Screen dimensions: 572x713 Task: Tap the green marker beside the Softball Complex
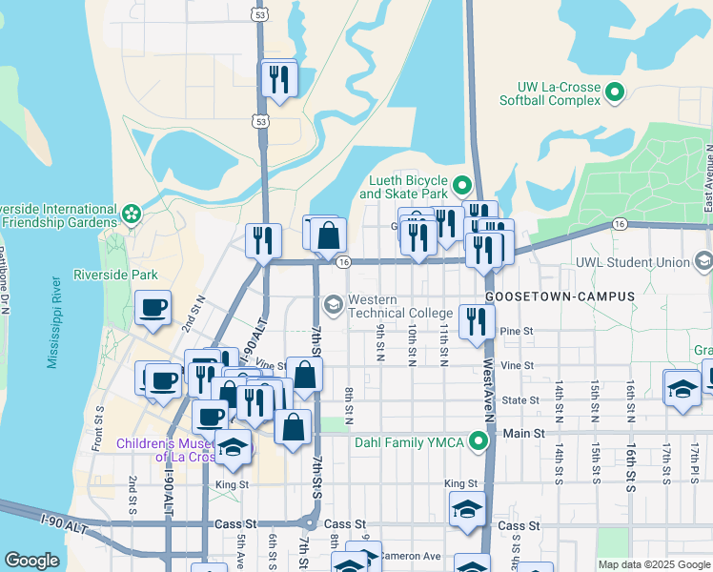point(615,92)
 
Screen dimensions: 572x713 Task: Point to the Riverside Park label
point(117,276)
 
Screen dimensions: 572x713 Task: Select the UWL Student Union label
point(631,262)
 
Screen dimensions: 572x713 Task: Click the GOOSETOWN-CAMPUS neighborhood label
point(560,297)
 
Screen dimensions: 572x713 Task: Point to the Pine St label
point(517,331)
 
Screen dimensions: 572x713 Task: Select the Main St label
point(523,434)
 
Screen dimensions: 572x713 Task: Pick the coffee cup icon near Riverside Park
point(153,308)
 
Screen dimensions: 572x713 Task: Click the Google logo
point(31,562)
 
